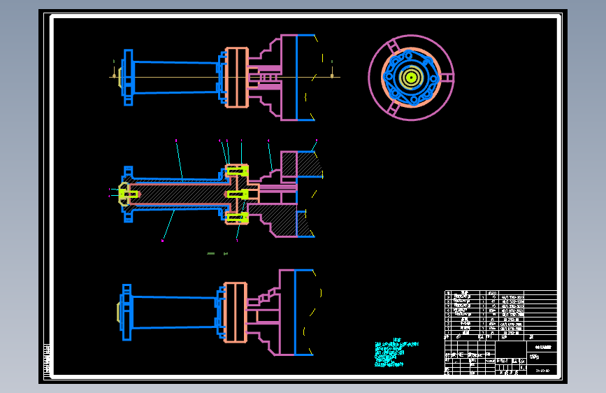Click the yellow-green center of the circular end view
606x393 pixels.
[x=410, y=77]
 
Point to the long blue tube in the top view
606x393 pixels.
[x=175, y=78]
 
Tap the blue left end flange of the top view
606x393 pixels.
[x=128, y=78]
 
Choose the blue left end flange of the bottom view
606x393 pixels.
[x=127, y=312]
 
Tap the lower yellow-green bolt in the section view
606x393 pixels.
[x=237, y=217]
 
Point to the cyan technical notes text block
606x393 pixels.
[x=395, y=353]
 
